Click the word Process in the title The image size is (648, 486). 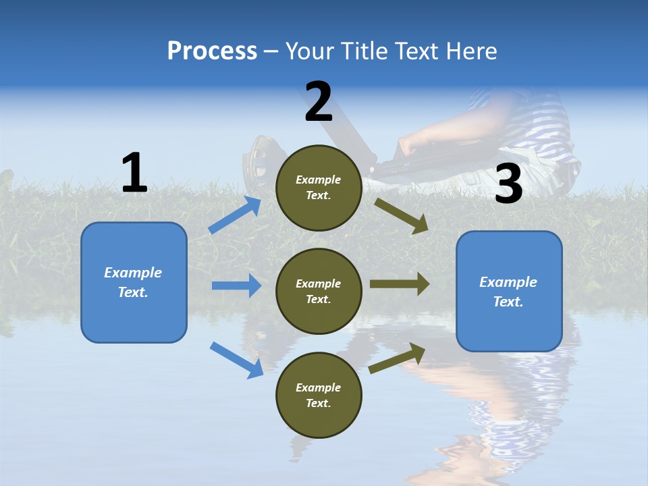[x=212, y=51]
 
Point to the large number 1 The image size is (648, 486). [x=134, y=173]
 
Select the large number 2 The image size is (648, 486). [x=319, y=102]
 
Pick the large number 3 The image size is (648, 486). [x=508, y=184]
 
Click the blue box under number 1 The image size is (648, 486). [x=134, y=282]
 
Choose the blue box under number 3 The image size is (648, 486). [x=509, y=292]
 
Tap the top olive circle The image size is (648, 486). [x=319, y=188]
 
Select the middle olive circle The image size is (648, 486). [x=319, y=292]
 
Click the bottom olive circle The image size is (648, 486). [x=319, y=396]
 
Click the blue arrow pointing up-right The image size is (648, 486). [x=235, y=215]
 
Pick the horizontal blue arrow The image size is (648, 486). [x=236, y=286]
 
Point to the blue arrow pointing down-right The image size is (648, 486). [x=236, y=359]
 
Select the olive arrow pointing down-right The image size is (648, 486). [x=401, y=215]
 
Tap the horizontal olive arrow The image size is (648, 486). [x=400, y=284]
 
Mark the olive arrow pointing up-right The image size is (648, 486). [x=397, y=358]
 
